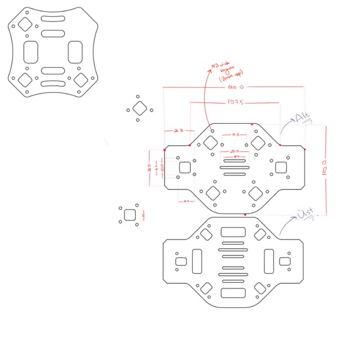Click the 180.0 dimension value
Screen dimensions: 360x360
[236, 87]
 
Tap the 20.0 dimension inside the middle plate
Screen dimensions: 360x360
[234, 151]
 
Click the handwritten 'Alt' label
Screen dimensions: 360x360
[303, 117]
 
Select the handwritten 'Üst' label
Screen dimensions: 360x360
[306, 214]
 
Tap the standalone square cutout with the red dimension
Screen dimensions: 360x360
[130, 214]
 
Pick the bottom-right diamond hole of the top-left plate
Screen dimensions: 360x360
[81, 80]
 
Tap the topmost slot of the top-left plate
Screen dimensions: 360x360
[53, 19]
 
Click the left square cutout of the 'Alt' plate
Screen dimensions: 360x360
[185, 167]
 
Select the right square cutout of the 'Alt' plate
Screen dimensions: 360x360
[281, 167]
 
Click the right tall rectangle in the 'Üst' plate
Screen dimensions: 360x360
[270, 259]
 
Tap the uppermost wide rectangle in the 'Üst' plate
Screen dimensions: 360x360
[233, 231]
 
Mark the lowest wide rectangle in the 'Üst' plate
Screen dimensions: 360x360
[233, 293]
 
